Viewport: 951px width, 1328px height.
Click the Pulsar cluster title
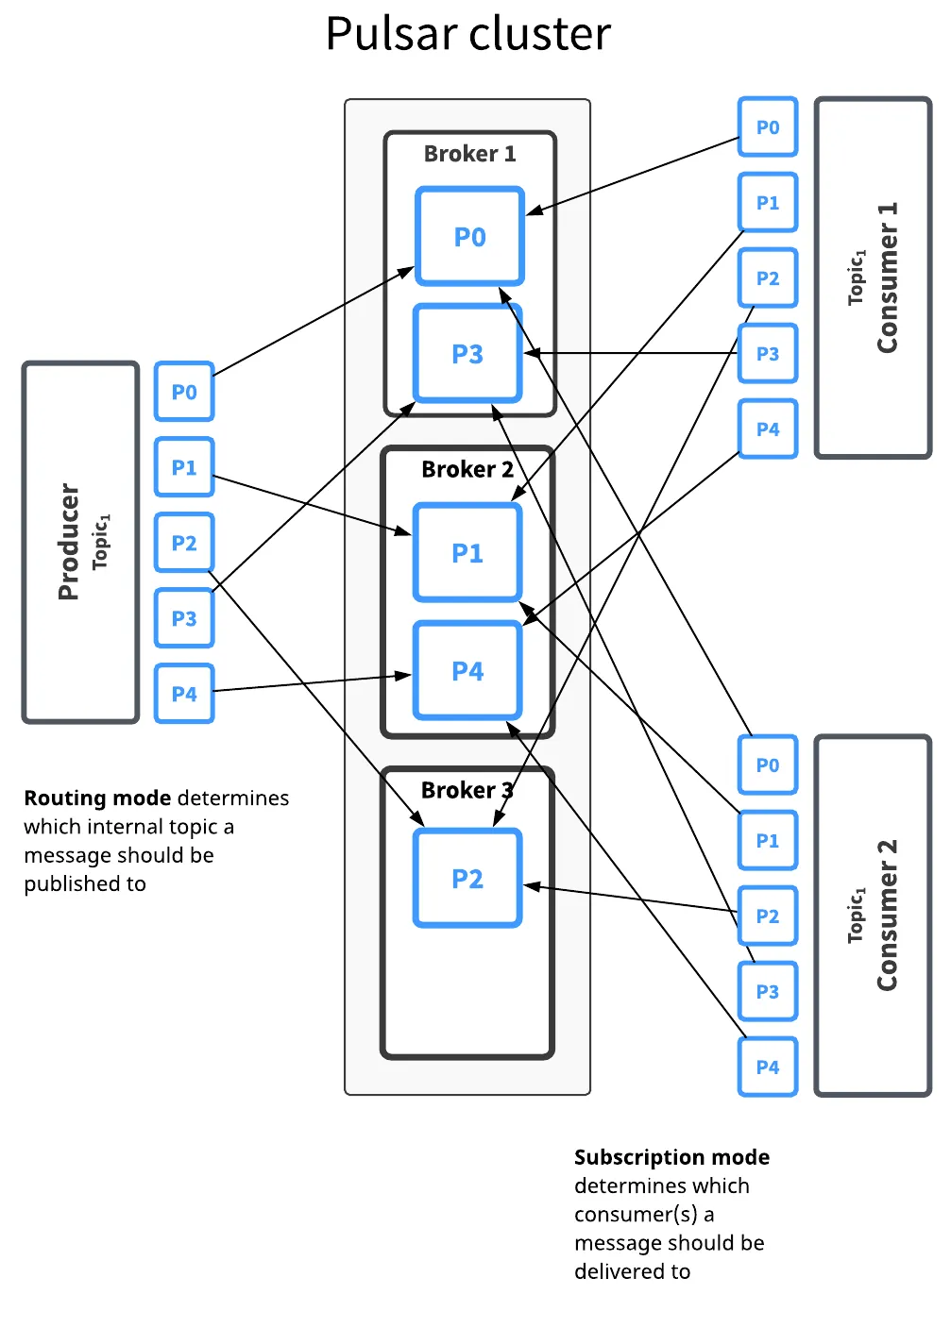point(467,34)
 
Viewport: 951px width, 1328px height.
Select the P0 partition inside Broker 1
point(469,237)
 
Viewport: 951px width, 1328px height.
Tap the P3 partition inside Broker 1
point(467,354)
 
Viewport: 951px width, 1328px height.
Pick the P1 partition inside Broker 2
point(467,553)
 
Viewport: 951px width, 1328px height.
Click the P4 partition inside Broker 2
point(467,671)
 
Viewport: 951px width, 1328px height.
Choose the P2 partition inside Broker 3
point(467,879)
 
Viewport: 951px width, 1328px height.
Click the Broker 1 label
point(469,154)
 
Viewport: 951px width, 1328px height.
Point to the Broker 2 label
point(467,469)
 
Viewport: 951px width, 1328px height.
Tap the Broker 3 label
point(467,790)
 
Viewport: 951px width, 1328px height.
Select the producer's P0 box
point(184,392)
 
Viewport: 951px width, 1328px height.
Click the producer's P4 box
point(184,694)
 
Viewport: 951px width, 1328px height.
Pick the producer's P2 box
point(184,543)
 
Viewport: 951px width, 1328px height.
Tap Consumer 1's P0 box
point(768,127)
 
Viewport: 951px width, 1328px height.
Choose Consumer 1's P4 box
point(768,429)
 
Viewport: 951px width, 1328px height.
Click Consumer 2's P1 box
point(768,841)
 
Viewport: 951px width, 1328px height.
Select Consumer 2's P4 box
point(768,1067)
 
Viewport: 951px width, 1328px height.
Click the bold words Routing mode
point(97,798)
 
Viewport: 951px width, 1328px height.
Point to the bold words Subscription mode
point(671,1157)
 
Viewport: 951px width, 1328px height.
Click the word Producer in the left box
point(68,542)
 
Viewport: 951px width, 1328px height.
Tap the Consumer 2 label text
point(887,916)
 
